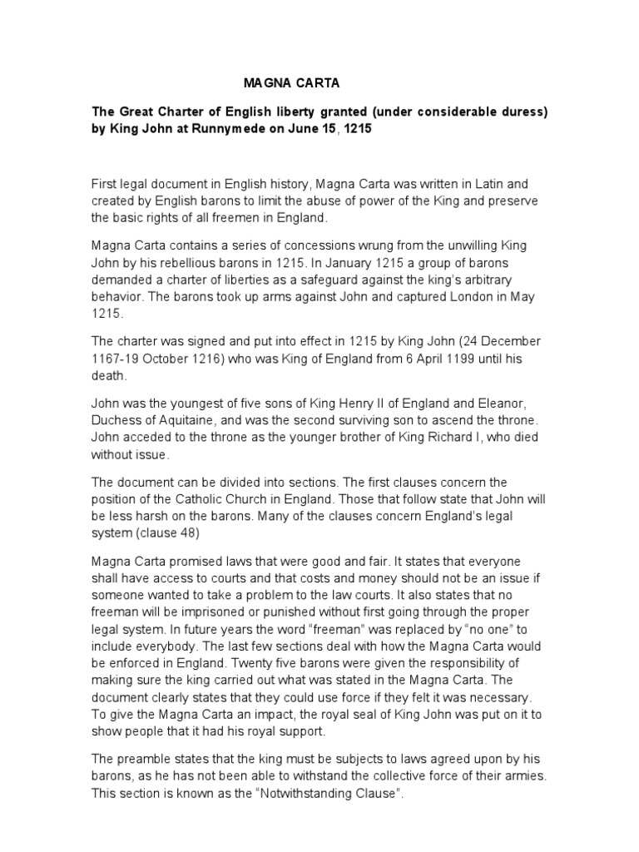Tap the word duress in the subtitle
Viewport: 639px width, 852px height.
(523, 112)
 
